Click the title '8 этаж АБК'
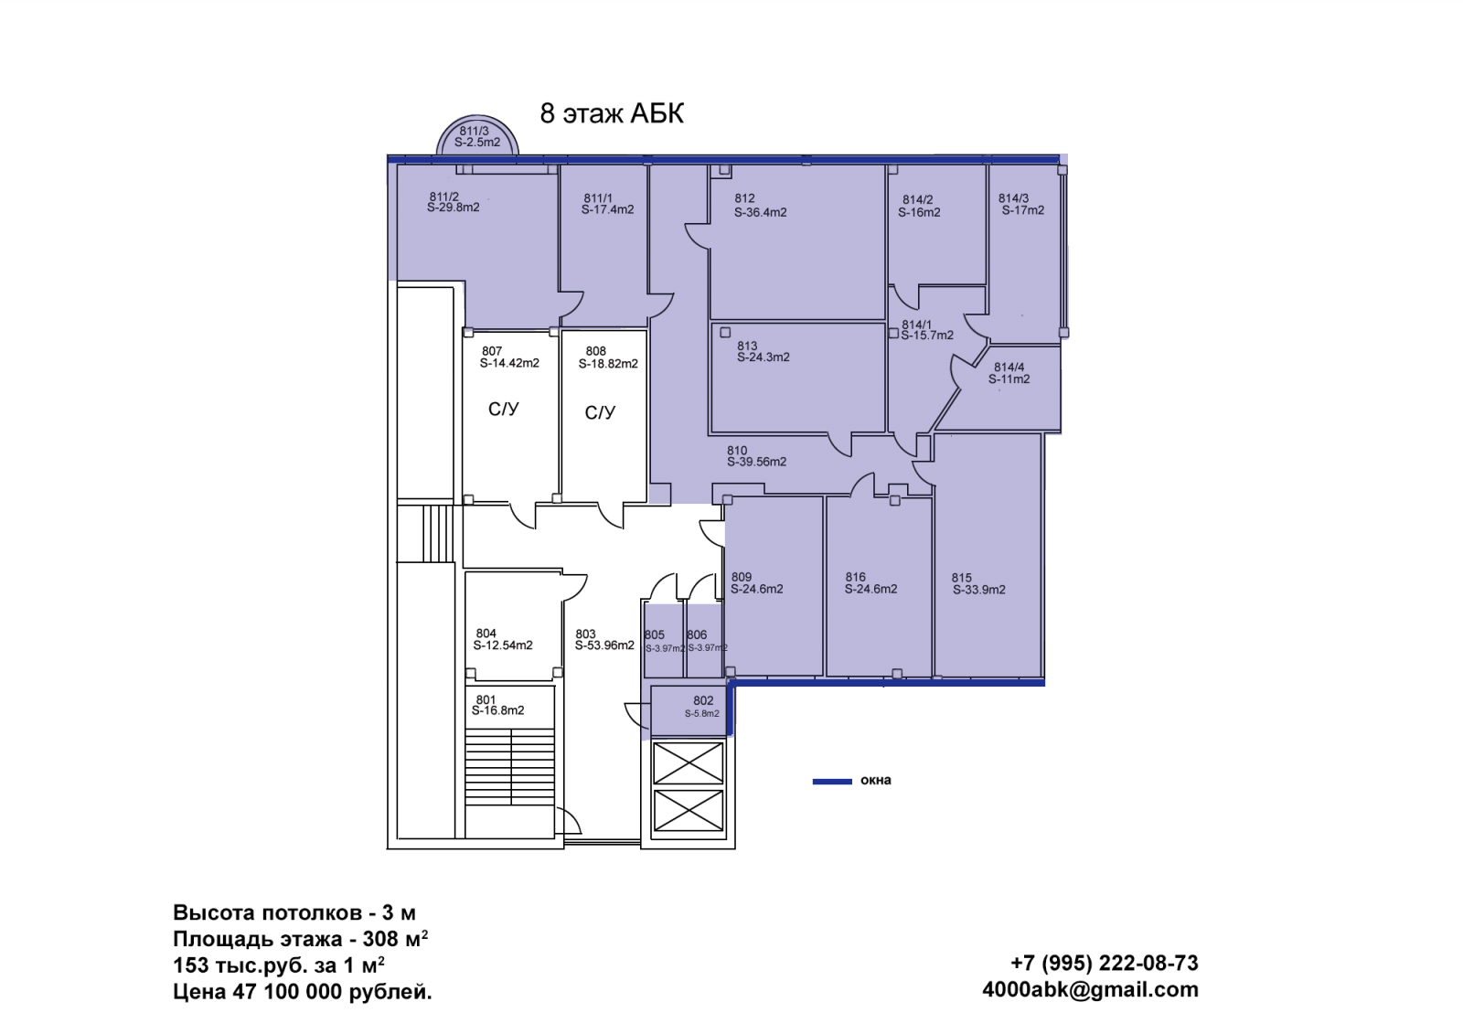pos(612,113)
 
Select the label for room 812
pos(744,197)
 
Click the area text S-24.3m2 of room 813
pos(764,357)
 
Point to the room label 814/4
pos(1009,368)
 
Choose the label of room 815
pos(961,578)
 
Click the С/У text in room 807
pos(504,410)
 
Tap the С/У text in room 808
pos(600,413)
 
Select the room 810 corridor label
pos(737,451)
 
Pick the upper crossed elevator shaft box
pos(689,762)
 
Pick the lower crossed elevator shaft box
pos(689,811)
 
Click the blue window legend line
pos(832,782)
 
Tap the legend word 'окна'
pos(876,780)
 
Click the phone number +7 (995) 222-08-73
pos(1105,963)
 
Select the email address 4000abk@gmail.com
pos(1090,989)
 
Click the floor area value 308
pos(380,939)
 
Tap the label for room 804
pos(486,634)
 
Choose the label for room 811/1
pos(598,198)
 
